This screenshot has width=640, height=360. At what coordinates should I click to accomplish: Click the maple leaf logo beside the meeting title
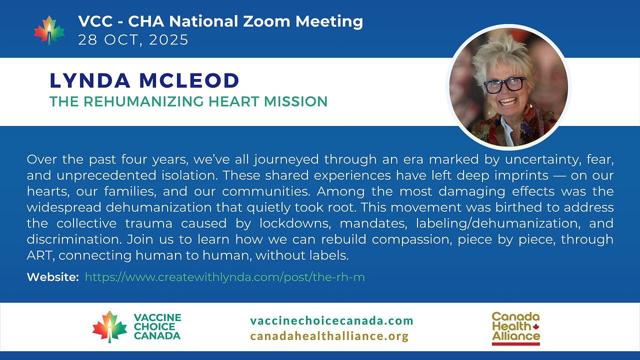point(49,30)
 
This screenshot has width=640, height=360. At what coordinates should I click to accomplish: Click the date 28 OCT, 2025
point(133,40)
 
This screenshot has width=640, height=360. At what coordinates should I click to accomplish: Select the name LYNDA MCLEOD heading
point(144,80)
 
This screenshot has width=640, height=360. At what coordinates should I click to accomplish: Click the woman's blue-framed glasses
point(503,85)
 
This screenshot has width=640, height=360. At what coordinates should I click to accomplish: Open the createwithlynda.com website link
point(224,277)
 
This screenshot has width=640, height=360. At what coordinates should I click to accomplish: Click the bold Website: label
point(52,277)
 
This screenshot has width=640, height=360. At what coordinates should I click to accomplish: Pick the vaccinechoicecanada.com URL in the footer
point(331,320)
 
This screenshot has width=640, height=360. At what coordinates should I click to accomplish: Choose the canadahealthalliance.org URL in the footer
point(329,336)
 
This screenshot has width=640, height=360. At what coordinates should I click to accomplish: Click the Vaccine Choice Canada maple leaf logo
point(109,327)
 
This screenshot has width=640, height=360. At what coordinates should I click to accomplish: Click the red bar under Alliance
point(515,344)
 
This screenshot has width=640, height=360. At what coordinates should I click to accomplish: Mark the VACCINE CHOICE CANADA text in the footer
point(157,326)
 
